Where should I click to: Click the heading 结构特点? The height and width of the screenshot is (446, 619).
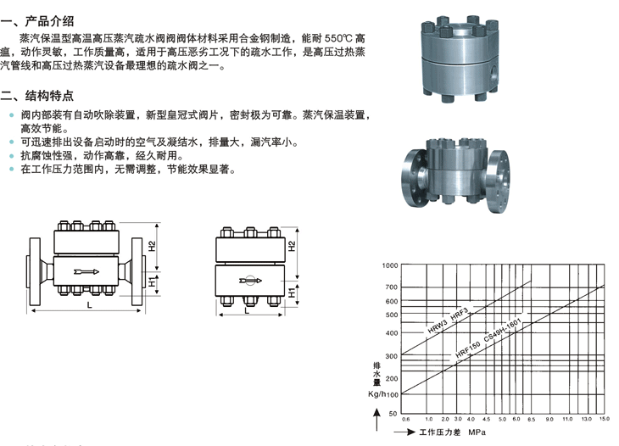[51, 96]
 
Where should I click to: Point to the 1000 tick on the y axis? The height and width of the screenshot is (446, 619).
[388, 265]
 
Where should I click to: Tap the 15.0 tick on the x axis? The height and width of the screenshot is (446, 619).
[604, 419]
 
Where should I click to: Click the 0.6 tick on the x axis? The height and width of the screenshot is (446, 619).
[405, 419]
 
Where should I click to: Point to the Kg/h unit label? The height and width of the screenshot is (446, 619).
[377, 393]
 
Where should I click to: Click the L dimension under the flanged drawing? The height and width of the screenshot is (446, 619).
[89, 304]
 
